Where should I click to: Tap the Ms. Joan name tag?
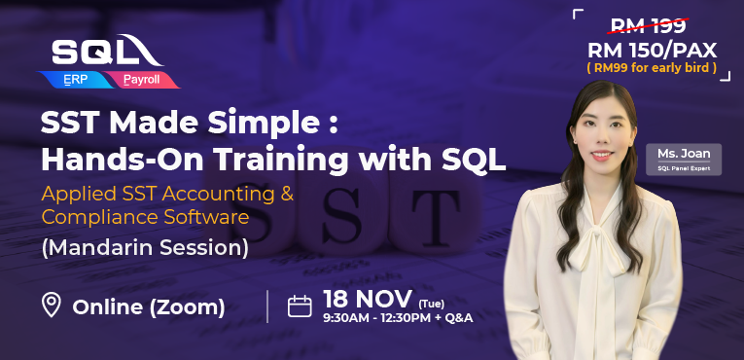coord(684,159)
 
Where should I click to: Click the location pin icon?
coord(52,306)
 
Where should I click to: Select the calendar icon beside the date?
coord(300,306)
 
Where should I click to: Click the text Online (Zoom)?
coord(149,307)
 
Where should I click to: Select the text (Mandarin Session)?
coord(144,248)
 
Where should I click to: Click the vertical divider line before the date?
coord(267,306)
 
